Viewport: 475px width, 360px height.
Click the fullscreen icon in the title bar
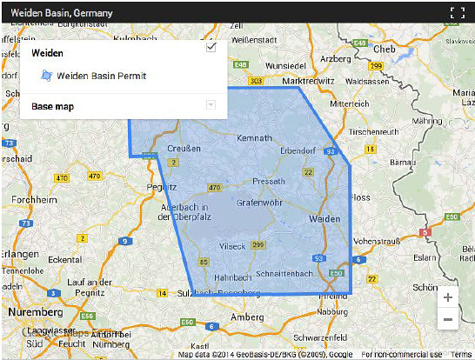[x=458, y=13]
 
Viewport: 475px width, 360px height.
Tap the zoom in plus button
[x=447, y=297]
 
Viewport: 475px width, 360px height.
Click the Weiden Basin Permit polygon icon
[x=47, y=77]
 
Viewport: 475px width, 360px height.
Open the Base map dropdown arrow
[x=210, y=106]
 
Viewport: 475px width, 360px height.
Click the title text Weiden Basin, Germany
[x=61, y=13]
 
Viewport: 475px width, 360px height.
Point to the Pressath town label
[x=268, y=181]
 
